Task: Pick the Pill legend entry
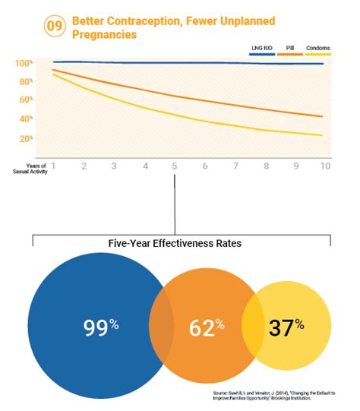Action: coord(290,48)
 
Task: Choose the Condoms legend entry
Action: coord(318,48)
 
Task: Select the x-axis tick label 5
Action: coord(174,166)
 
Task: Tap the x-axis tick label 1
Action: coord(55,166)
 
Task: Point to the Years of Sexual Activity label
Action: coord(31,168)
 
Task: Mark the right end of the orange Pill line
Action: coord(323,116)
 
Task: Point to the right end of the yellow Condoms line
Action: coord(323,135)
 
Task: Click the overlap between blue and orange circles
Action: coord(162,327)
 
